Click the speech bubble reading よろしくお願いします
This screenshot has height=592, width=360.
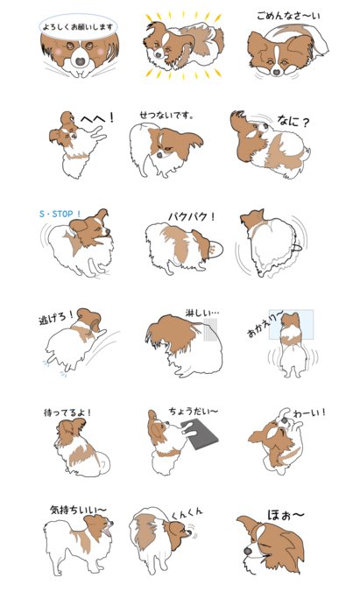tap(78, 27)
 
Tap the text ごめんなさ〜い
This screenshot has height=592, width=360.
tap(288, 16)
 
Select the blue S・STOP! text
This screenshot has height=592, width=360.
tap(60, 214)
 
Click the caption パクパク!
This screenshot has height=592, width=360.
tap(192, 216)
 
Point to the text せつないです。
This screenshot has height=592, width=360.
tap(166, 115)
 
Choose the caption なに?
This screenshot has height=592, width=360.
tap(293, 121)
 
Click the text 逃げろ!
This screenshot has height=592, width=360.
tap(55, 318)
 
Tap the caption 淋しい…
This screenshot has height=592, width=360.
tap(202, 313)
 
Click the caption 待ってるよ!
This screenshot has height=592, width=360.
tap(67, 412)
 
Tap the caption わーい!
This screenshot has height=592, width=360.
tap(309, 412)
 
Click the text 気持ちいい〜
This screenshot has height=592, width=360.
tap(78, 510)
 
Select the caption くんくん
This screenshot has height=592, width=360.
tap(187, 513)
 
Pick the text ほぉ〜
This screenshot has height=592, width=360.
tap(286, 515)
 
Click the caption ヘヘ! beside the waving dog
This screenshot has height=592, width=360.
tap(96, 118)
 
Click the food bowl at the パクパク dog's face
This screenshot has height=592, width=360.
tap(215, 250)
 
